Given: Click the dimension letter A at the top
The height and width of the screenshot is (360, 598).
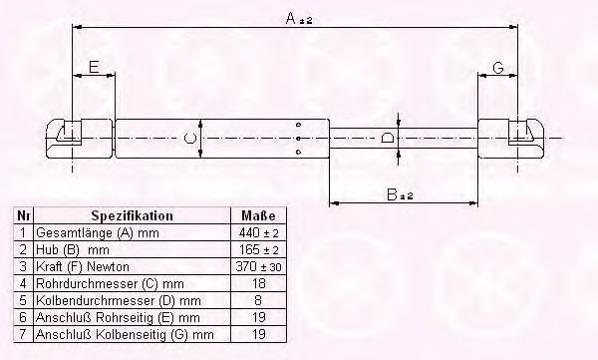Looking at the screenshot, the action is click(291, 18).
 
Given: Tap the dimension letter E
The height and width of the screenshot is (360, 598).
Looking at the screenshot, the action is click(94, 67).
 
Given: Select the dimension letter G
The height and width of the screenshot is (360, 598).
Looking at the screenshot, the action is click(498, 68).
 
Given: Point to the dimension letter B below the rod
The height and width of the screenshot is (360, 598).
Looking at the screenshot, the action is click(392, 194).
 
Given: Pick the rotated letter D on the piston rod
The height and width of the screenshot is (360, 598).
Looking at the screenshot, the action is click(388, 138).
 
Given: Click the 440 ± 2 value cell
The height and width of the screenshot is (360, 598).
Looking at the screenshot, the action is click(258, 232).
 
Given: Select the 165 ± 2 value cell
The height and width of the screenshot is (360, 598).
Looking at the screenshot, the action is click(258, 249).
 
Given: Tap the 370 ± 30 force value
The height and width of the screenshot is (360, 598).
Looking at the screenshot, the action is click(258, 266).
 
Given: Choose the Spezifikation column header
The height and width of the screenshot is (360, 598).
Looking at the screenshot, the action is click(132, 215).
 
